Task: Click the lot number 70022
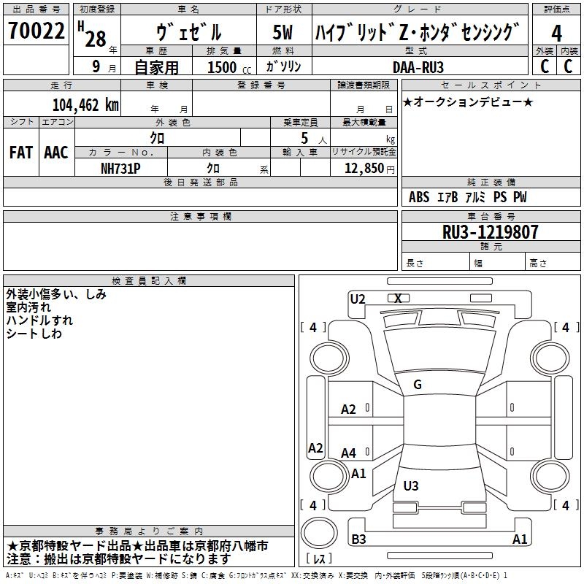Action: [x=36, y=31]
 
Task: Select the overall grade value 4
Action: [x=557, y=33]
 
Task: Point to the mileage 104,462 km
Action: [x=85, y=104]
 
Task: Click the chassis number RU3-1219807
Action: [x=491, y=232]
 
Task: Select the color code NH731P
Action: [x=121, y=168]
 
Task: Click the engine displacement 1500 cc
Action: [x=224, y=67]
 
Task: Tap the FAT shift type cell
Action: [x=20, y=152]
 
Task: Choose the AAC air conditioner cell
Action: [x=56, y=152]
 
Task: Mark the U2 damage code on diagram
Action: [x=358, y=299]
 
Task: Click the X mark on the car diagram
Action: [x=398, y=299]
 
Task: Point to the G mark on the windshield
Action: [x=418, y=385]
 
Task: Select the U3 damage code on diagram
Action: [x=411, y=485]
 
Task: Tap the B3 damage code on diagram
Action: [x=358, y=539]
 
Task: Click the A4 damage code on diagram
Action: [x=349, y=453]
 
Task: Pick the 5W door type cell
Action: [x=283, y=33]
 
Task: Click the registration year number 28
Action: [x=96, y=39]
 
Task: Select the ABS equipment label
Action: [x=419, y=197]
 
